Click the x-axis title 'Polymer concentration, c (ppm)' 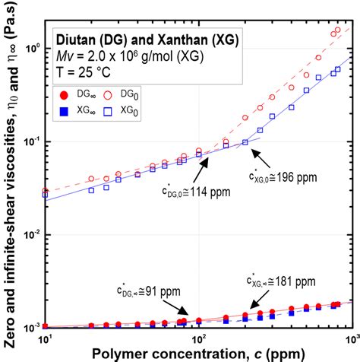click(x=199, y=353)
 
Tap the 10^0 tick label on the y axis click(x=32, y=49)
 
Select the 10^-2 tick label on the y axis click(x=32, y=235)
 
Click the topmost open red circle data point click(x=338, y=30)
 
